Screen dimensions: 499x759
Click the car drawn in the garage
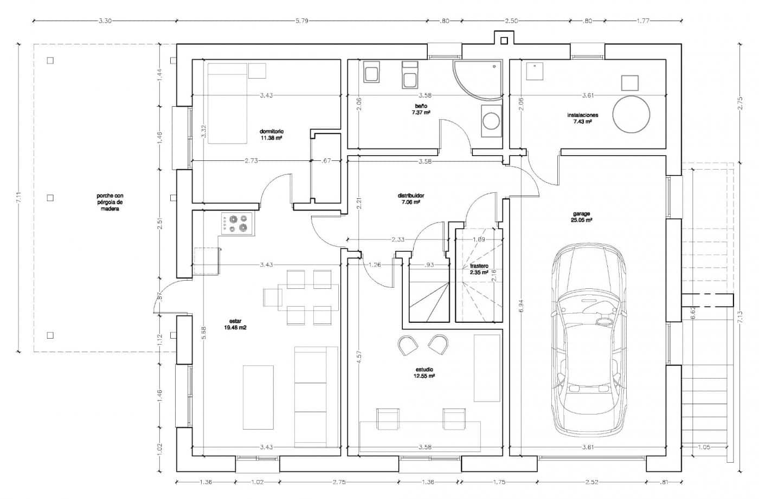pos(587,341)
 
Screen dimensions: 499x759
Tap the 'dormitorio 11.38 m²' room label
pos(272,135)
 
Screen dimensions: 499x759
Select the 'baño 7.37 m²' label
pos(421,109)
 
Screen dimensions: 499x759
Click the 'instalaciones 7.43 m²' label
pos(582,119)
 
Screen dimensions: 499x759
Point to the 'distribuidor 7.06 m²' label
pos(411,198)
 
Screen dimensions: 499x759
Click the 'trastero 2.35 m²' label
pos(479,269)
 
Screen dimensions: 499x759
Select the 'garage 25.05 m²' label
pos(581,217)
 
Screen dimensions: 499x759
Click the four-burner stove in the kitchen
pos(237,224)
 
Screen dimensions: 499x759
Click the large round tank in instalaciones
pos(631,114)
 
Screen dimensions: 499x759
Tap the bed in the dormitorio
pos(227,103)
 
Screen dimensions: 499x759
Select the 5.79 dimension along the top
pos(301,21)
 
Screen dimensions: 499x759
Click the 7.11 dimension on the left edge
pos(20,198)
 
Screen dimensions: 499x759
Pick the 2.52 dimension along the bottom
pos(592,482)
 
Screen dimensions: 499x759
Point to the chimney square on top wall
pos(504,40)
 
